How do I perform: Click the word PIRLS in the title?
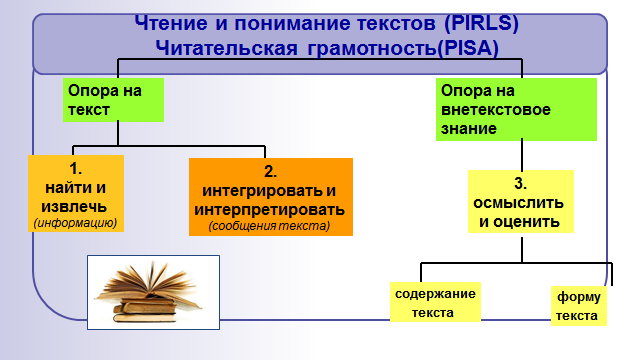(481, 23)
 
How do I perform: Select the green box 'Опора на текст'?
(113, 100)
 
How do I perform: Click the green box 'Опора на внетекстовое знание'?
(516, 109)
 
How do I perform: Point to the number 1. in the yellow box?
(76, 168)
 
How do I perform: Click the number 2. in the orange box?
(270, 171)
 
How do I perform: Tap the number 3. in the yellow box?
(520, 184)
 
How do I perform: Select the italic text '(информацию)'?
(76, 223)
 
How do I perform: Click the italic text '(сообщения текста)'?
(269, 226)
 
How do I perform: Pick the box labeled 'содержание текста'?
(436, 302)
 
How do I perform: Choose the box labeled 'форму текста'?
(579, 306)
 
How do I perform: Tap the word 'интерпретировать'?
(270, 210)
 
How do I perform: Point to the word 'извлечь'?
(74, 207)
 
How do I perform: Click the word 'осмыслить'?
(518, 203)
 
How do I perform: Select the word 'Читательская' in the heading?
(227, 48)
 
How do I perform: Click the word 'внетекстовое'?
(496, 109)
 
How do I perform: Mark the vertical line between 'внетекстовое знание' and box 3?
(522, 156)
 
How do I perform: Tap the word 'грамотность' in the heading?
(372, 49)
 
